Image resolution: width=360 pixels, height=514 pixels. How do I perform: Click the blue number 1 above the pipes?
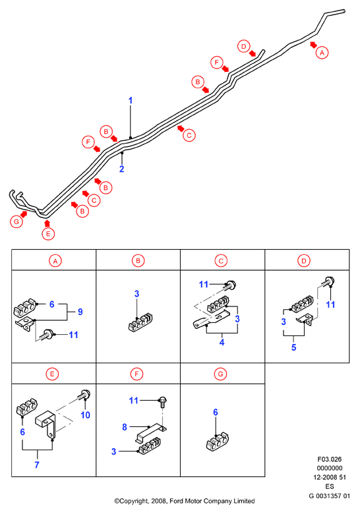[131, 100]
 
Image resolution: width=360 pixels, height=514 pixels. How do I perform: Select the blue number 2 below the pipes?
[121, 169]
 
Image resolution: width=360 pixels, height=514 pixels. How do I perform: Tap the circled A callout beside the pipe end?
[322, 53]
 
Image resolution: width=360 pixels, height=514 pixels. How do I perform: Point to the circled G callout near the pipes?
[16, 222]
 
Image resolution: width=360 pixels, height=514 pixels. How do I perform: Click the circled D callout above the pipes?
[243, 47]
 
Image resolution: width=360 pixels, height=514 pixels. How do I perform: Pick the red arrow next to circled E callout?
[47, 223]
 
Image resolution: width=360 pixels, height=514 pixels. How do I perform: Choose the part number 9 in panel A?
[80, 312]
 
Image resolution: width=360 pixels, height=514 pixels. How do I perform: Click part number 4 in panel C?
[222, 342]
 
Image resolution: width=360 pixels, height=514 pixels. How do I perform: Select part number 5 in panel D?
[294, 347]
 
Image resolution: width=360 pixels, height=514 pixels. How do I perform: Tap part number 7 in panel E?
[37, 465]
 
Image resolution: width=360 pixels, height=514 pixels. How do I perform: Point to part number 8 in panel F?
[125, 427]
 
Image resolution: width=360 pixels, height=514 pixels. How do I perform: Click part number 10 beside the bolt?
[85, 415]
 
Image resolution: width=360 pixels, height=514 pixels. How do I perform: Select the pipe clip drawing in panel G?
[217, 442]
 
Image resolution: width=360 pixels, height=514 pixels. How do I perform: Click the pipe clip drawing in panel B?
[140, 322]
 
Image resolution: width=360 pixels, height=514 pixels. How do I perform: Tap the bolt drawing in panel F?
[162, 402]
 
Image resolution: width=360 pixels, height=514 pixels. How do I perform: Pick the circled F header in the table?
[136, 374]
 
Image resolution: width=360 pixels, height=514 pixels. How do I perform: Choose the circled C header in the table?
[221, 261]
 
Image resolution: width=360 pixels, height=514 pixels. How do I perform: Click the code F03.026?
[330, 459]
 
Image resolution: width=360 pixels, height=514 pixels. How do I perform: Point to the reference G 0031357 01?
[330, 496]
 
